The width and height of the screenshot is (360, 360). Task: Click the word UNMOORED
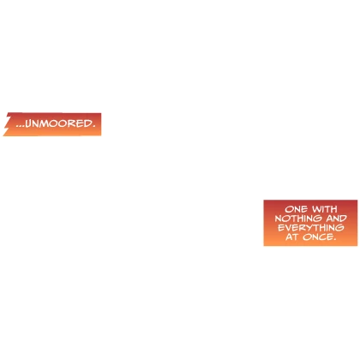point(58,123)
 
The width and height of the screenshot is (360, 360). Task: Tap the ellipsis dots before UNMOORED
point(21,126)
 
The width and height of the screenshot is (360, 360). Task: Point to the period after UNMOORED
point(93,127)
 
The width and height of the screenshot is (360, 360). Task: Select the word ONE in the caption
point(296,209)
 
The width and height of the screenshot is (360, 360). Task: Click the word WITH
point(325,209)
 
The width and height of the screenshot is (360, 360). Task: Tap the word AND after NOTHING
point(337,219)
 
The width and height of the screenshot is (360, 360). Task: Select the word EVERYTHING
point(311,228)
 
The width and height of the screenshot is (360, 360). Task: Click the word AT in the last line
point(292,237)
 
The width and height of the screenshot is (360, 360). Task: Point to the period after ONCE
point(334,239)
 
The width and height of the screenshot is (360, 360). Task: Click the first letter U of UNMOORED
point(28,123)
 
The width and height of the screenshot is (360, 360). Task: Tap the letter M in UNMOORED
point(45,123)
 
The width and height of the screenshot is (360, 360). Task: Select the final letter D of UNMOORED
point(87,123)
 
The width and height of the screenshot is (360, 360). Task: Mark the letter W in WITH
point(317,209)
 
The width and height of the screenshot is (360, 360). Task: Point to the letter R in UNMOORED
point(71,123)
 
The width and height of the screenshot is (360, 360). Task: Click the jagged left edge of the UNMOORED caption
point(6,125)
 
